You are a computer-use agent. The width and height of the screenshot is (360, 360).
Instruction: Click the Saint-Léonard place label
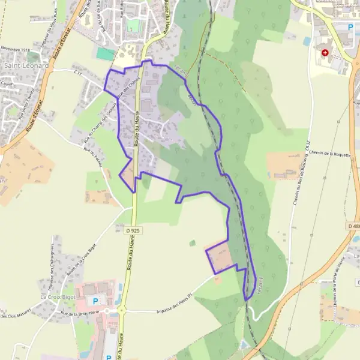(26, 64)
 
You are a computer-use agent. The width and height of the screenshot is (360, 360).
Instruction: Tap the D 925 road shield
(133, 230)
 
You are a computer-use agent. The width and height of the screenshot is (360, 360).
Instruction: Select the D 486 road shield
(354, 226)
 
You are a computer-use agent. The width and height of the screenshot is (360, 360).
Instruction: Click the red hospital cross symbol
(325, 53)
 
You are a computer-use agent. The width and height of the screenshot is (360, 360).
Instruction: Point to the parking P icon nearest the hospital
(351, 27)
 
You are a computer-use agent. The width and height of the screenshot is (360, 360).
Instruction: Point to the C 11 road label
(77, 73)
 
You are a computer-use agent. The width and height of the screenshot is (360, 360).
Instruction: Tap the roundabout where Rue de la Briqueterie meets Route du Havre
(122, 311)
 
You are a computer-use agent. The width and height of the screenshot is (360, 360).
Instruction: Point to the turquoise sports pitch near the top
(105, 54)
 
